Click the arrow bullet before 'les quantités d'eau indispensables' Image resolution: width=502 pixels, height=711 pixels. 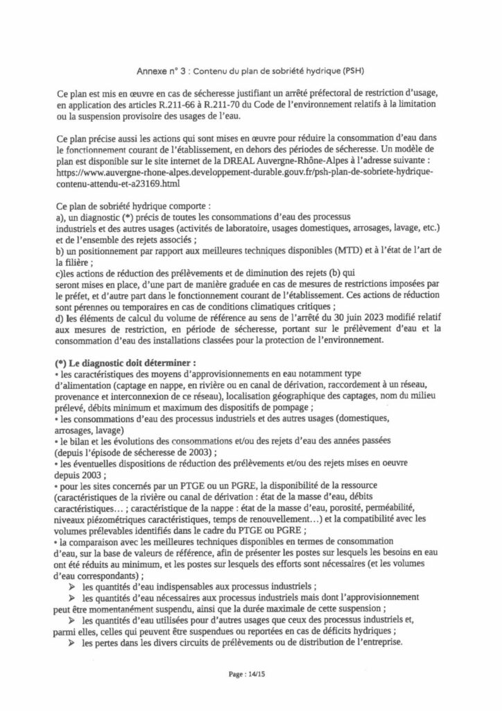point(72,585)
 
